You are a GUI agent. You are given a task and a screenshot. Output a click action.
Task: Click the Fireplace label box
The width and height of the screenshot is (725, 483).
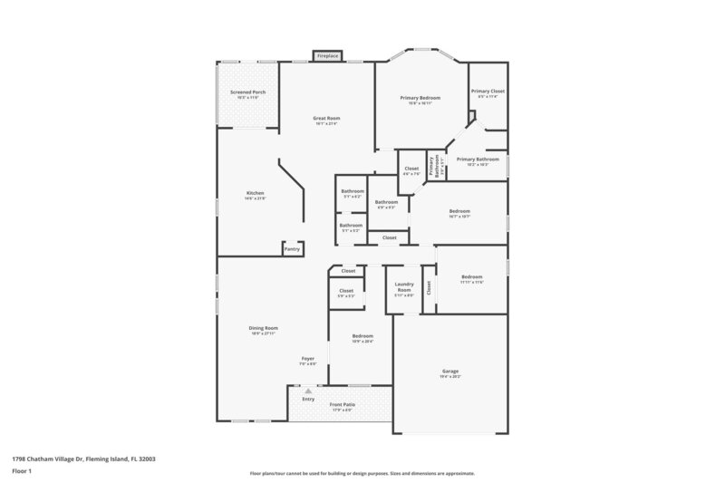327,56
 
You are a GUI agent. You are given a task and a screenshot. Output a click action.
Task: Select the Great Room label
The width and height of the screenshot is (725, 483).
326,121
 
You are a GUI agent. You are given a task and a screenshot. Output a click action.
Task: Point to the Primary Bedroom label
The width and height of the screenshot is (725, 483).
420,100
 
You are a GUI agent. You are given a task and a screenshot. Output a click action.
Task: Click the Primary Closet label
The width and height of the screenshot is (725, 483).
488,93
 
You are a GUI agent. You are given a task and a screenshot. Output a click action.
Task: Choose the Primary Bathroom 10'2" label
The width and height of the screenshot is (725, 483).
478,161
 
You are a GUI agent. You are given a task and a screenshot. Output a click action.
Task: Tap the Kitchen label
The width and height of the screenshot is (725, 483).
255,195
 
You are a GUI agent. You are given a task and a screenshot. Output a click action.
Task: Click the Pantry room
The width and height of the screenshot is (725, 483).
292,248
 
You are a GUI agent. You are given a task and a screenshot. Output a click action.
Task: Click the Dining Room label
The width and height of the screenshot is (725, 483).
264,330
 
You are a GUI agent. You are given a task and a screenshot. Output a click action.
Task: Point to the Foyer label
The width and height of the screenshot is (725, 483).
308,361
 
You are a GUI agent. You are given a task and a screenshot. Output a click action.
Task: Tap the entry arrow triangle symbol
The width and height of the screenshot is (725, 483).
308,391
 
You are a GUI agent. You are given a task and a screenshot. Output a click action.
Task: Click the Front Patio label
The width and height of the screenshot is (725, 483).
342,407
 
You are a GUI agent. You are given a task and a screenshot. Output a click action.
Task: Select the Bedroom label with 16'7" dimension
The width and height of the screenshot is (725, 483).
459,213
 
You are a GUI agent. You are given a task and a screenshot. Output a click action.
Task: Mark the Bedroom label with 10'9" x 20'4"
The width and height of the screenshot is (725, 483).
362,338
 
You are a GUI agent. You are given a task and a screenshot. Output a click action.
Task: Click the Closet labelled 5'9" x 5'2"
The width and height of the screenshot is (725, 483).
346,293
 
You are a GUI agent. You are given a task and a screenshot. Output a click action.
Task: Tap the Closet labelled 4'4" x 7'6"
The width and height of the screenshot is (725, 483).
411,170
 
